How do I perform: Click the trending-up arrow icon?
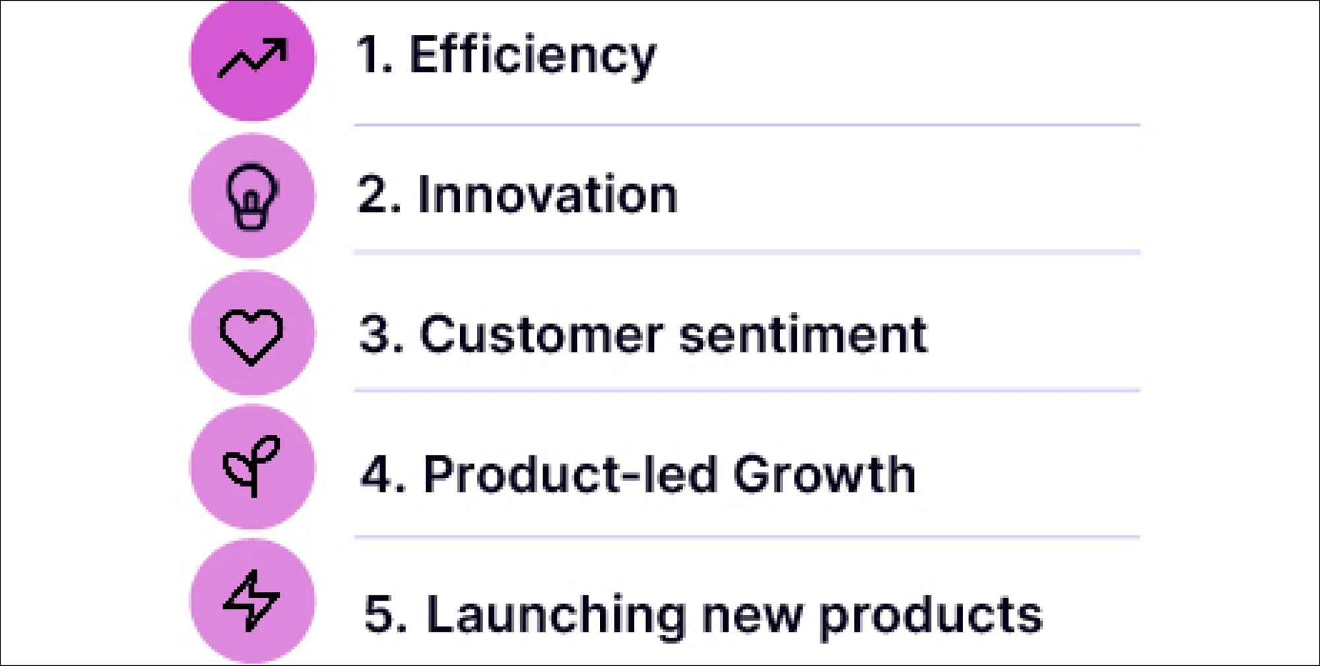coord(252,57)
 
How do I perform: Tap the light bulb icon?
coord(251,196)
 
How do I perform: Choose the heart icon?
coord(251,336)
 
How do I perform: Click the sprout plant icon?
coord(251,465)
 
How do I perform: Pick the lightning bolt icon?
coord(251,601)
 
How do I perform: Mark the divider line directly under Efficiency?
coord(747,124)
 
